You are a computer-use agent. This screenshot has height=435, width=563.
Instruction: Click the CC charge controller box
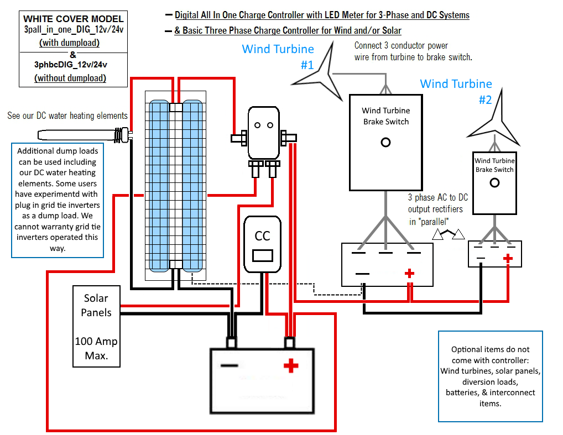[x=262, y=244]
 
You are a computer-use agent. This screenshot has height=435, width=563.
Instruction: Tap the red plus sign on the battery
[x=291, y=365]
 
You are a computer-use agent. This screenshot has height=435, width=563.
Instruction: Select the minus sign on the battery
[x=229, y=365]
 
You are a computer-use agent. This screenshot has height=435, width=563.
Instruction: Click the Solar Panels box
[x=96, y=326]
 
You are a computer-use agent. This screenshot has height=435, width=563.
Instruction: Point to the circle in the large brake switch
[x=385, y=143]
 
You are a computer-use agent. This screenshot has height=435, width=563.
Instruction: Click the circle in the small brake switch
[x=494, y=183]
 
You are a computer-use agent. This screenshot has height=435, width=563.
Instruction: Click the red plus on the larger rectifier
[x=409, y=274]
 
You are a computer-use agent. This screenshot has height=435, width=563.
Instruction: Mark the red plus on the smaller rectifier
[x=508, y=258]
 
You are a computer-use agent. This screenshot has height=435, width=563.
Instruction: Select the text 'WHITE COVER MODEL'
[x=73, y=19]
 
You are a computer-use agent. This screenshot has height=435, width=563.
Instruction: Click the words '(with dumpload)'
[x=69, y=43]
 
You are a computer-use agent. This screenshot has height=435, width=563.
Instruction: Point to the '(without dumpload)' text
[x=70, y=78]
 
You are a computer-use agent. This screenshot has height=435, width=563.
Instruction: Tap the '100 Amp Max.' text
[x=96, y=348]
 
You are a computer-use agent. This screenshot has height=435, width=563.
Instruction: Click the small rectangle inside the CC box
[x=263, y=255]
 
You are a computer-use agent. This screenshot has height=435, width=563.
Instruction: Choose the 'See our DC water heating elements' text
[x=67, y=116]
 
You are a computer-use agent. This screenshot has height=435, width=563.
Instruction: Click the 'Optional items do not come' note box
[x=490, y=376]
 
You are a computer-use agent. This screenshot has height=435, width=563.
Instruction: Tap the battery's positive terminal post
[x=289, y=343]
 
